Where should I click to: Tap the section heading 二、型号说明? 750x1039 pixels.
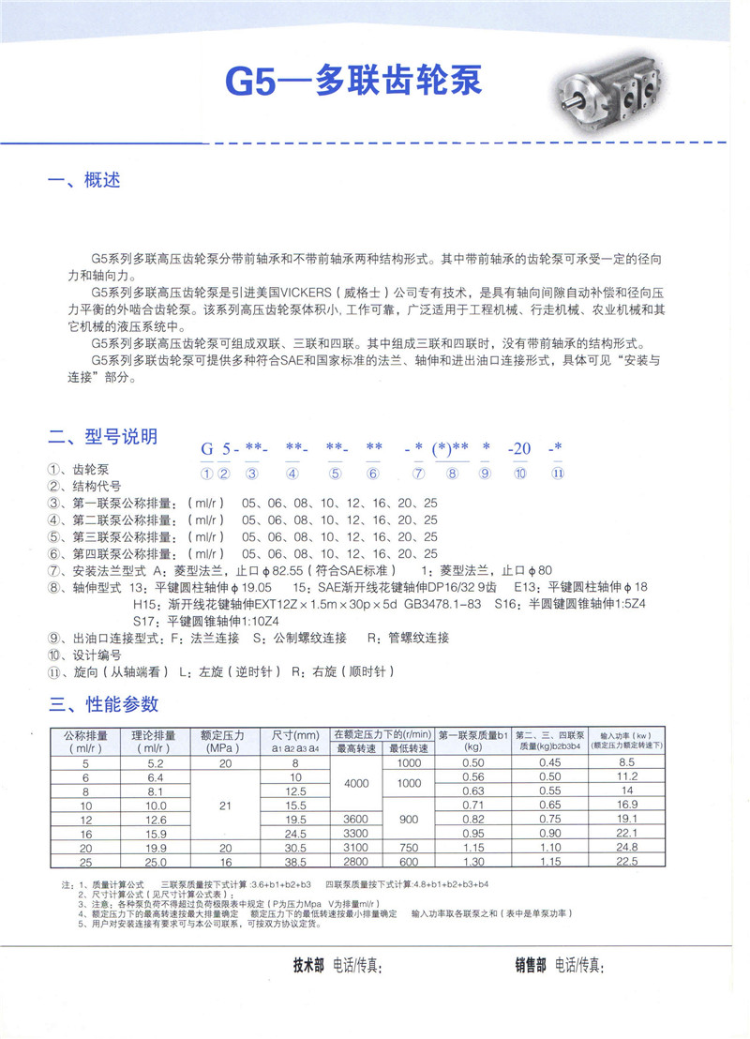coord(103,437)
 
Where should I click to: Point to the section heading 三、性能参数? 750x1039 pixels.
coord(103,704)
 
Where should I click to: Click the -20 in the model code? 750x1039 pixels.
coord(518,449)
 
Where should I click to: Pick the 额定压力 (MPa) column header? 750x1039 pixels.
coord(222,741)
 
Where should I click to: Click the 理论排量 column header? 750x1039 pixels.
coord(156,741)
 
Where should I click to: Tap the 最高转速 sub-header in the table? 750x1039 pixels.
coord(357,748)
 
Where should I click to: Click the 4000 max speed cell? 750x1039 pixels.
coord(357,784)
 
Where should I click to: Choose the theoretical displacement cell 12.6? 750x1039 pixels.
coord(156,819)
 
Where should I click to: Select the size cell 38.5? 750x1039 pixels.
coord(295,862)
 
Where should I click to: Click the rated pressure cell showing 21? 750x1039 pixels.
coord(222,805)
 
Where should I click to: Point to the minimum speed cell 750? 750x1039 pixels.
coord(409,848)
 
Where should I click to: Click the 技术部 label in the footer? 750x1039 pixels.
coord(308,965)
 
